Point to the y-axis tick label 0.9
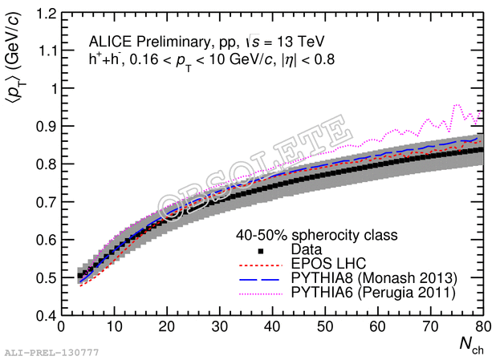tap(47, 127)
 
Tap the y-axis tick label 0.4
tap(47, 315)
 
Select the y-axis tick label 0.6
tap(47, 240)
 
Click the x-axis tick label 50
tap(325, 327)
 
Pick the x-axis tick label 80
tap(483, 327)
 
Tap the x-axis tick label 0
tap(61, 327)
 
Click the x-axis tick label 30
tap(219, 327)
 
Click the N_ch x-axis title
tap(470, 346)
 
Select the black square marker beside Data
tap(262, 250)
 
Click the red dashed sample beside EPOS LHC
tap(262, 264)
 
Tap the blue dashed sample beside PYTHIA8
tap(262, 278)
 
